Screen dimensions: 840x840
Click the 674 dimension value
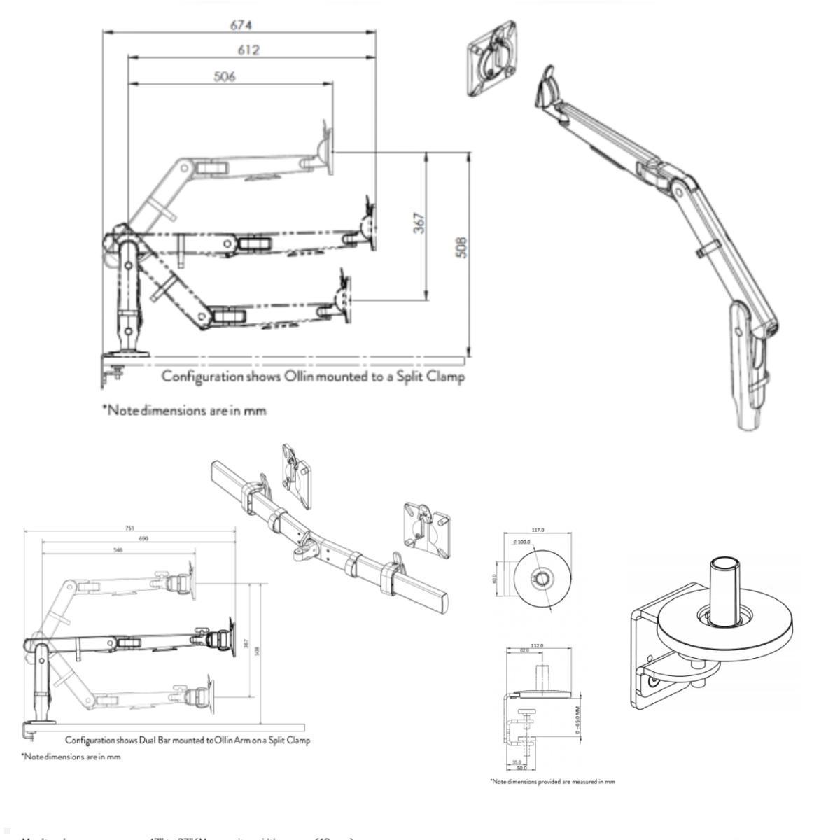pyautogui.click(x=241, y=25)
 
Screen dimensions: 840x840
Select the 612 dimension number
pyautogui.click(x=248, y=50)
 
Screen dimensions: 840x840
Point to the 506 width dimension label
pyautogui.click(x=224, y=76)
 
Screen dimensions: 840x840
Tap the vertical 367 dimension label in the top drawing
pyautogui.click(x=419, y=223)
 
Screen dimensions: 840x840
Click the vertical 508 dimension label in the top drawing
pyautogui.click(x=461, y=247)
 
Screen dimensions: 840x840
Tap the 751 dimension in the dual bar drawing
pyautogui.click(x=129, y=528)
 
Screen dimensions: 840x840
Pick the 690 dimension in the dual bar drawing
pyautogui.click(x=143, y=538)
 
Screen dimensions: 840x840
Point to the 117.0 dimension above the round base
pyautogui.click(x=538, y=530)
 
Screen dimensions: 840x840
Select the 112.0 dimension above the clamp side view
pyautogui.click(x=538, y=645)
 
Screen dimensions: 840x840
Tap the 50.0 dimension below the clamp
pyautogui.click(x=521, y=768)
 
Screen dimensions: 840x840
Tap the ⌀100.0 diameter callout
pyautogui.click(x=522, y=542)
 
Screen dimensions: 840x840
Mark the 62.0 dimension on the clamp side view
pyautogui.click(x=524, y=651)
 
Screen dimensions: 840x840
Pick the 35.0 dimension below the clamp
pyautogui.click(x=517, y=762)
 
